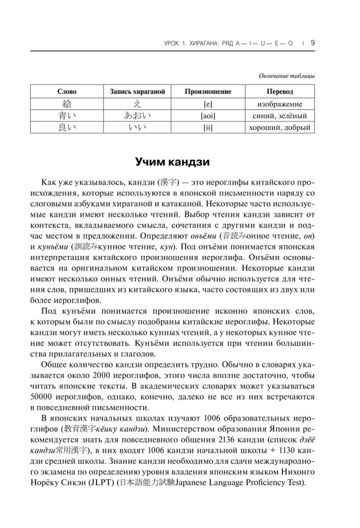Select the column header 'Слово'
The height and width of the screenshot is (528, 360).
click(x=67, y=91)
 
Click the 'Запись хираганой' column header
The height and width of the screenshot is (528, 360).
click(x=137, y=91)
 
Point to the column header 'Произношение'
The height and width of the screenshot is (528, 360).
click(x=208, y=91)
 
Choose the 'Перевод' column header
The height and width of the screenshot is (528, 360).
click(x=280, y=91)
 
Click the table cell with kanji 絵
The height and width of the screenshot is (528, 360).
click(x=67, y=103)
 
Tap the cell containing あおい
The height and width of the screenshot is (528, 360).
click(x=137, y=116)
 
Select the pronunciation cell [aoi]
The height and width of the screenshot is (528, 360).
click(x=208, y=116)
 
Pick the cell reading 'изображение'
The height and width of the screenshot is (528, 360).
click(x=280, y=104)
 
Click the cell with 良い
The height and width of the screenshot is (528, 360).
click(x=67, y=127)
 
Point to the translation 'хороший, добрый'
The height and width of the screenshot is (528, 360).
click(x=280, y=127)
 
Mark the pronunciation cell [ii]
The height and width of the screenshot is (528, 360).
click(x=208, y=127)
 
